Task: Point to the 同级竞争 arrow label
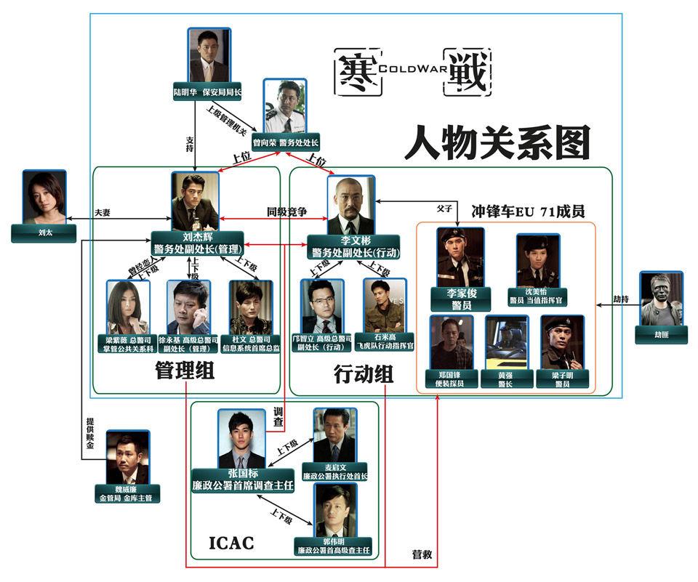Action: click(x=286, y=212)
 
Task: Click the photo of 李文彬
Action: click(x=350, y=205)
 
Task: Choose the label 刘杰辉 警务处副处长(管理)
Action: click(x=196, y=243)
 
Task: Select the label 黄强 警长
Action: click(x=506, y=379)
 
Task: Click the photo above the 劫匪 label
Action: click(x=661, y=299)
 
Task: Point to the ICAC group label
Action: click(x=231, y=542)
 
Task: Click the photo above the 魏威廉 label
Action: click(x=127, y=456)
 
